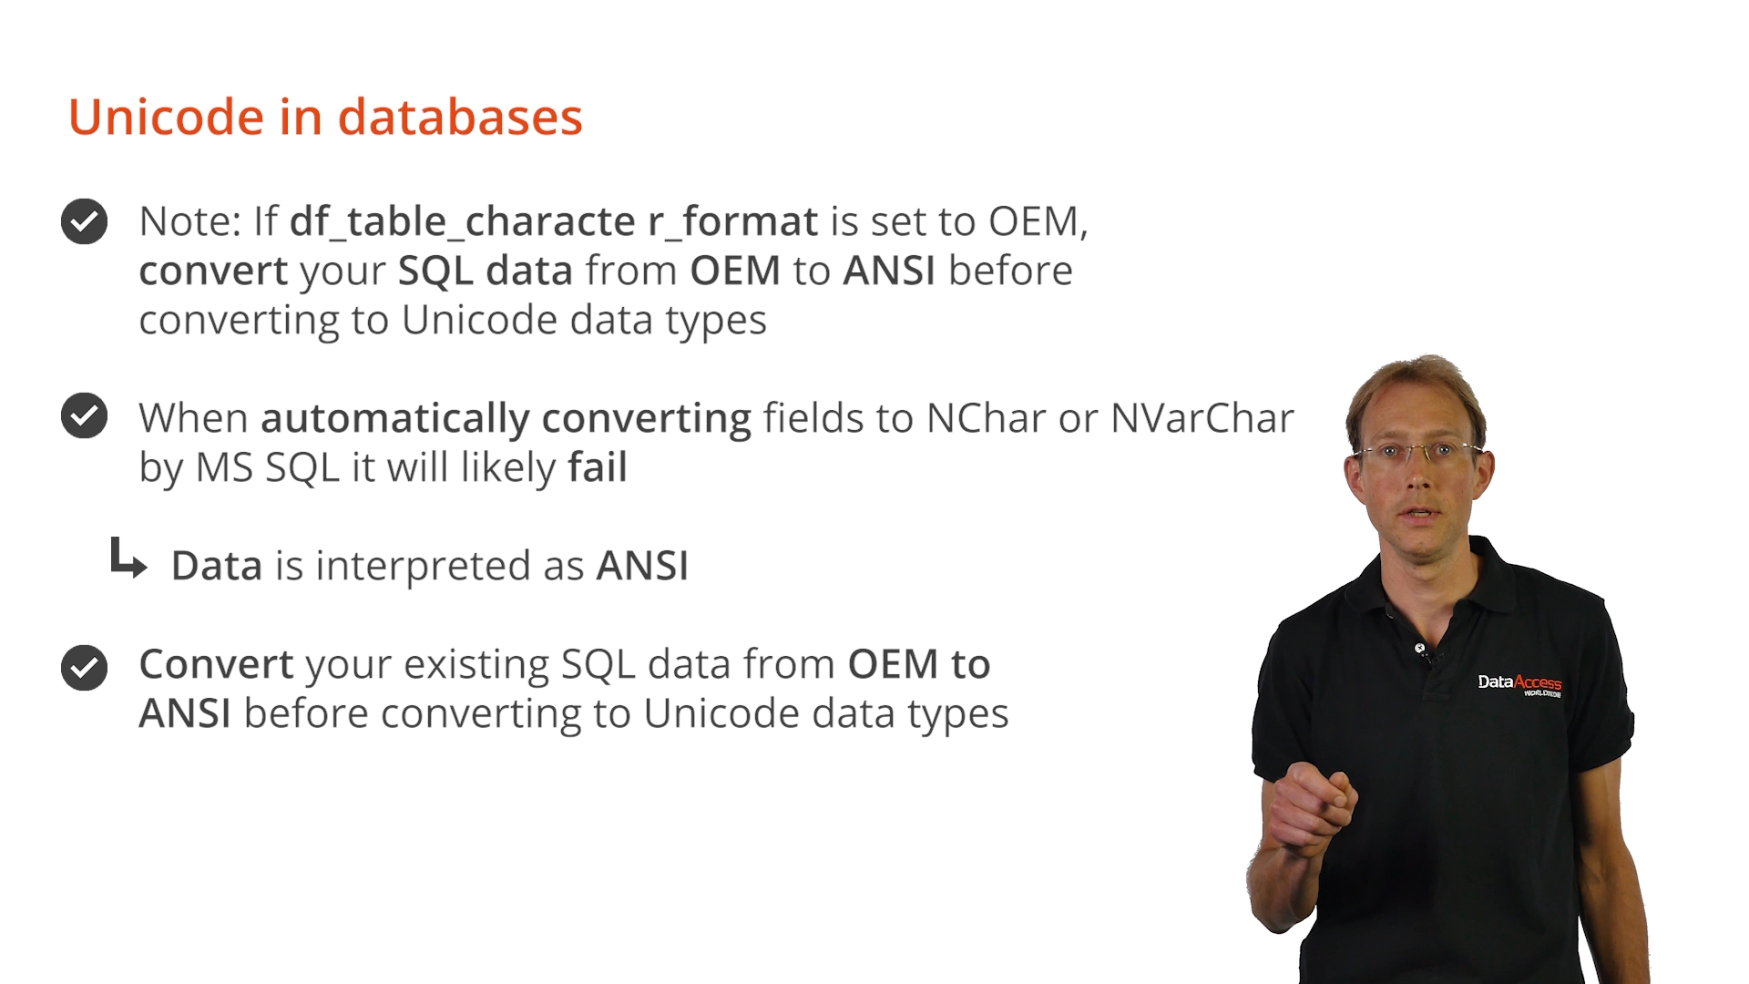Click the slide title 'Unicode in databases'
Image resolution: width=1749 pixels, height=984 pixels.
(x=325, y=118)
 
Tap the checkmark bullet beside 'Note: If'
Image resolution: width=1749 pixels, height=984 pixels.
(x=85, y=221)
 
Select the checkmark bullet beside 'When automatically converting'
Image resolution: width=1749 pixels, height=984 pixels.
(x=85, y=415)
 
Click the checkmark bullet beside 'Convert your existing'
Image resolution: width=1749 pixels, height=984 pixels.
(x=85, y=668)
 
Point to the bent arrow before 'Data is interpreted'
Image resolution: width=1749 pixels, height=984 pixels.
(x=128, y=558)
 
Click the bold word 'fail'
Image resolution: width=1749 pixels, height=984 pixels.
(x=598, y=467)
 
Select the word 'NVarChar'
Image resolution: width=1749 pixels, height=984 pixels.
(x=1202, y=418)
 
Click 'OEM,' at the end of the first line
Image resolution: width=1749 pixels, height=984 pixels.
(x=1039, y=222)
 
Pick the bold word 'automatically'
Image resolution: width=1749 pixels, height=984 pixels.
(x=395, y=419)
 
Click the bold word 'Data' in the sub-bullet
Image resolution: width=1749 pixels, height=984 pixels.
(x=217, y=566)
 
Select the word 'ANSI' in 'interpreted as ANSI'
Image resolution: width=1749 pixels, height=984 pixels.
(x=642, y=566)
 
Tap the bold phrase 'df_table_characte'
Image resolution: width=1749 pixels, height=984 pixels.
(x=463, y=222)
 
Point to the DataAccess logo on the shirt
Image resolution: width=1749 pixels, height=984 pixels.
(x=1519, y=685)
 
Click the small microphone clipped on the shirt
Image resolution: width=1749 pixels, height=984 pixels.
(x=1420, y=649)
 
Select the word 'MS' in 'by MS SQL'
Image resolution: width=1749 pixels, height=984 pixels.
(x=224, y=468)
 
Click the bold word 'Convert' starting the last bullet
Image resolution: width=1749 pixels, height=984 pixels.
(x=216, y=664)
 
